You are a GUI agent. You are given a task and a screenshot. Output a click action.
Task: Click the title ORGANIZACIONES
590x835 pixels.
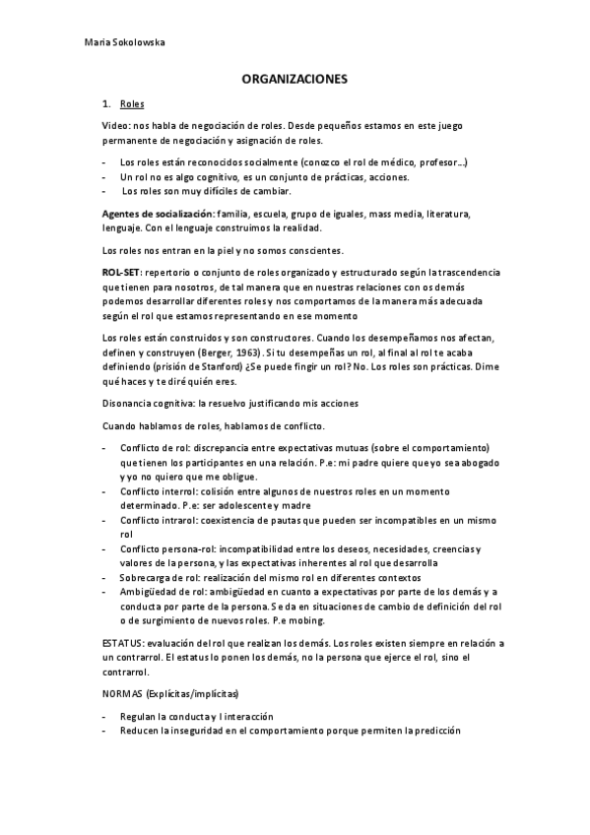[295, 82]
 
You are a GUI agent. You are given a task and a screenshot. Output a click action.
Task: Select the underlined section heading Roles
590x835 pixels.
[131, 103]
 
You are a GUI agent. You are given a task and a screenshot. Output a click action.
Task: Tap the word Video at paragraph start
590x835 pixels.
[114, 126]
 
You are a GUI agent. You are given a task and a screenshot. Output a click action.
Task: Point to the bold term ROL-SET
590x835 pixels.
[122, 271]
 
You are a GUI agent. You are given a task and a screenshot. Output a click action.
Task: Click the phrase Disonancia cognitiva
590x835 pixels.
[145, 404]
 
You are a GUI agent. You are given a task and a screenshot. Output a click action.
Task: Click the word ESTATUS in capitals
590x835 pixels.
[122, 642]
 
